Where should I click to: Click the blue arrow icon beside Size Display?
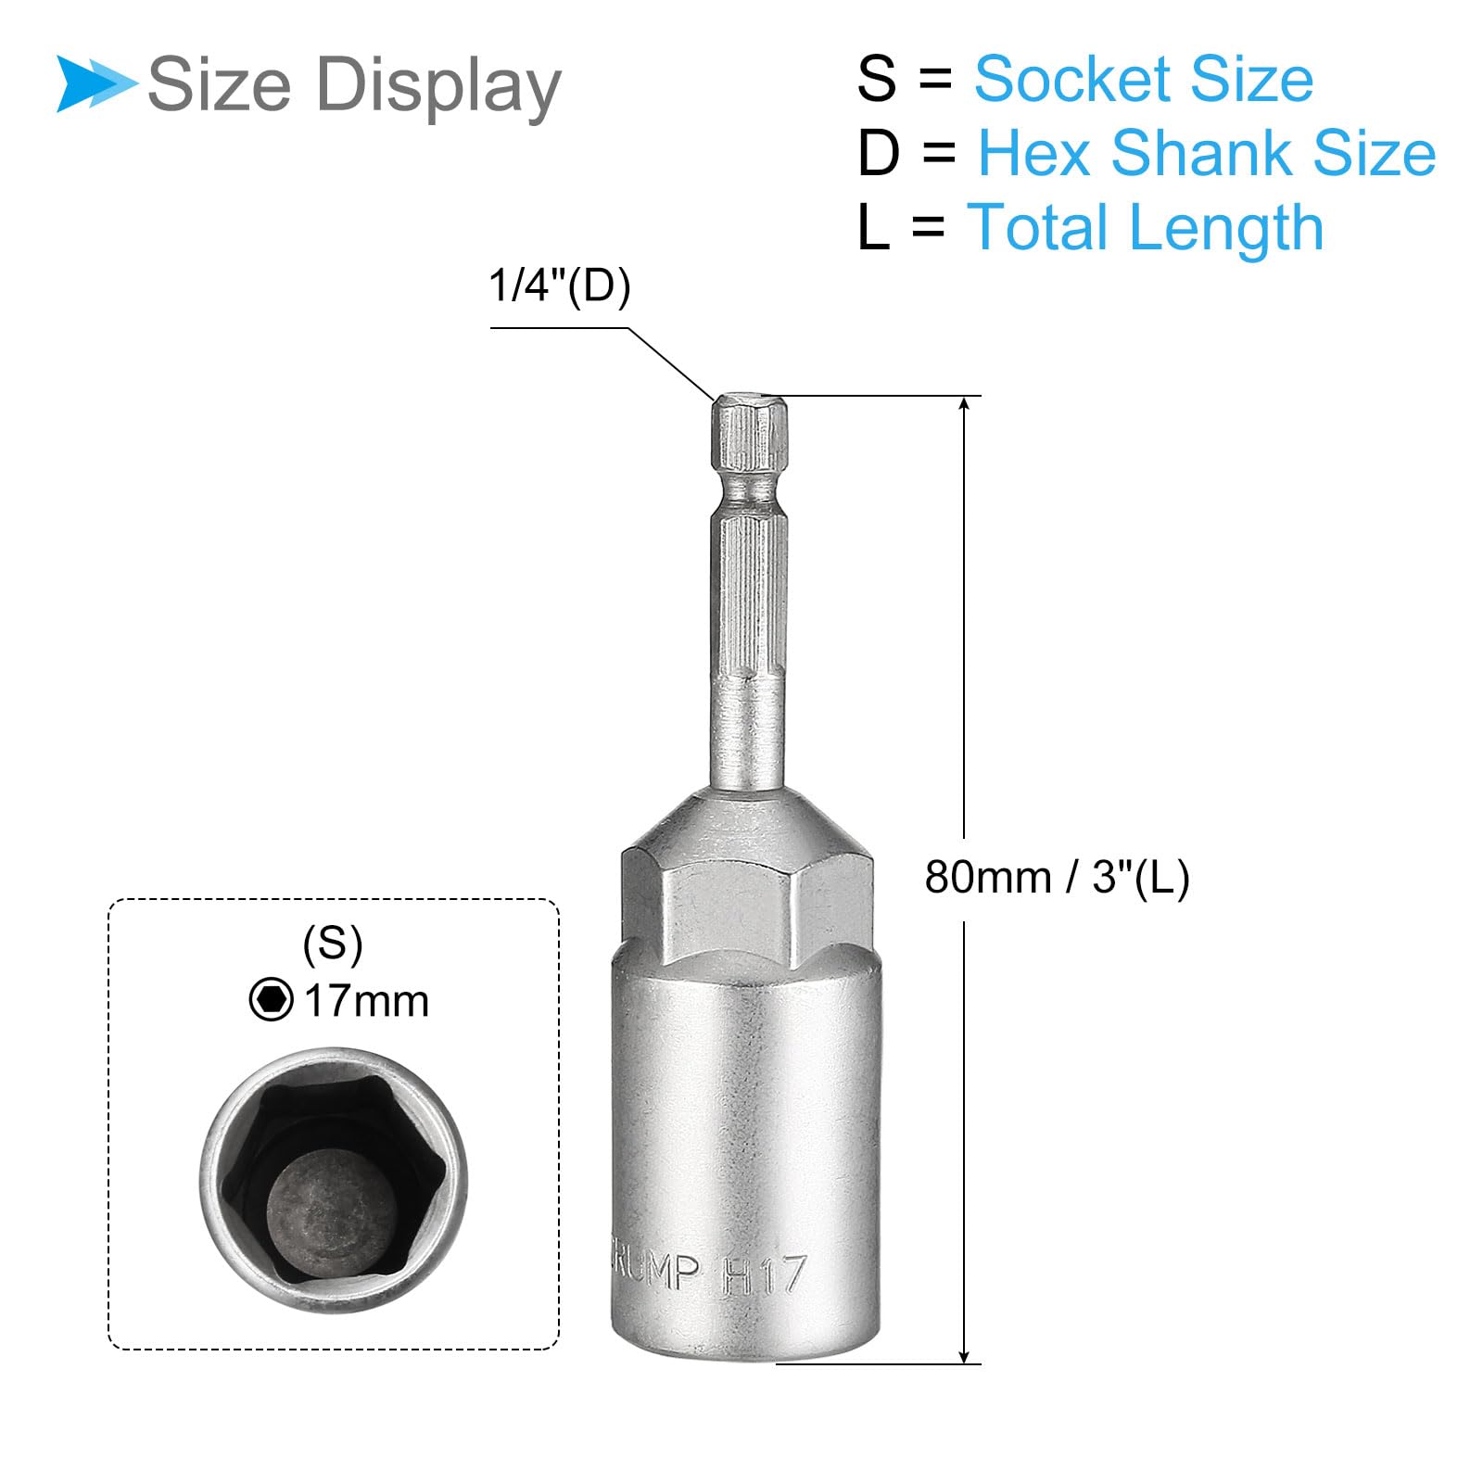pos(95,84)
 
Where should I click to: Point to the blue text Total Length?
pos(1145,228)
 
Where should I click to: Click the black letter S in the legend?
pos(876,79)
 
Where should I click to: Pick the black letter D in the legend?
pos(878,153)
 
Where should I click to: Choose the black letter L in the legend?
pos(872,227)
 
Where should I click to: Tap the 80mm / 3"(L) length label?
pos(1057,877)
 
